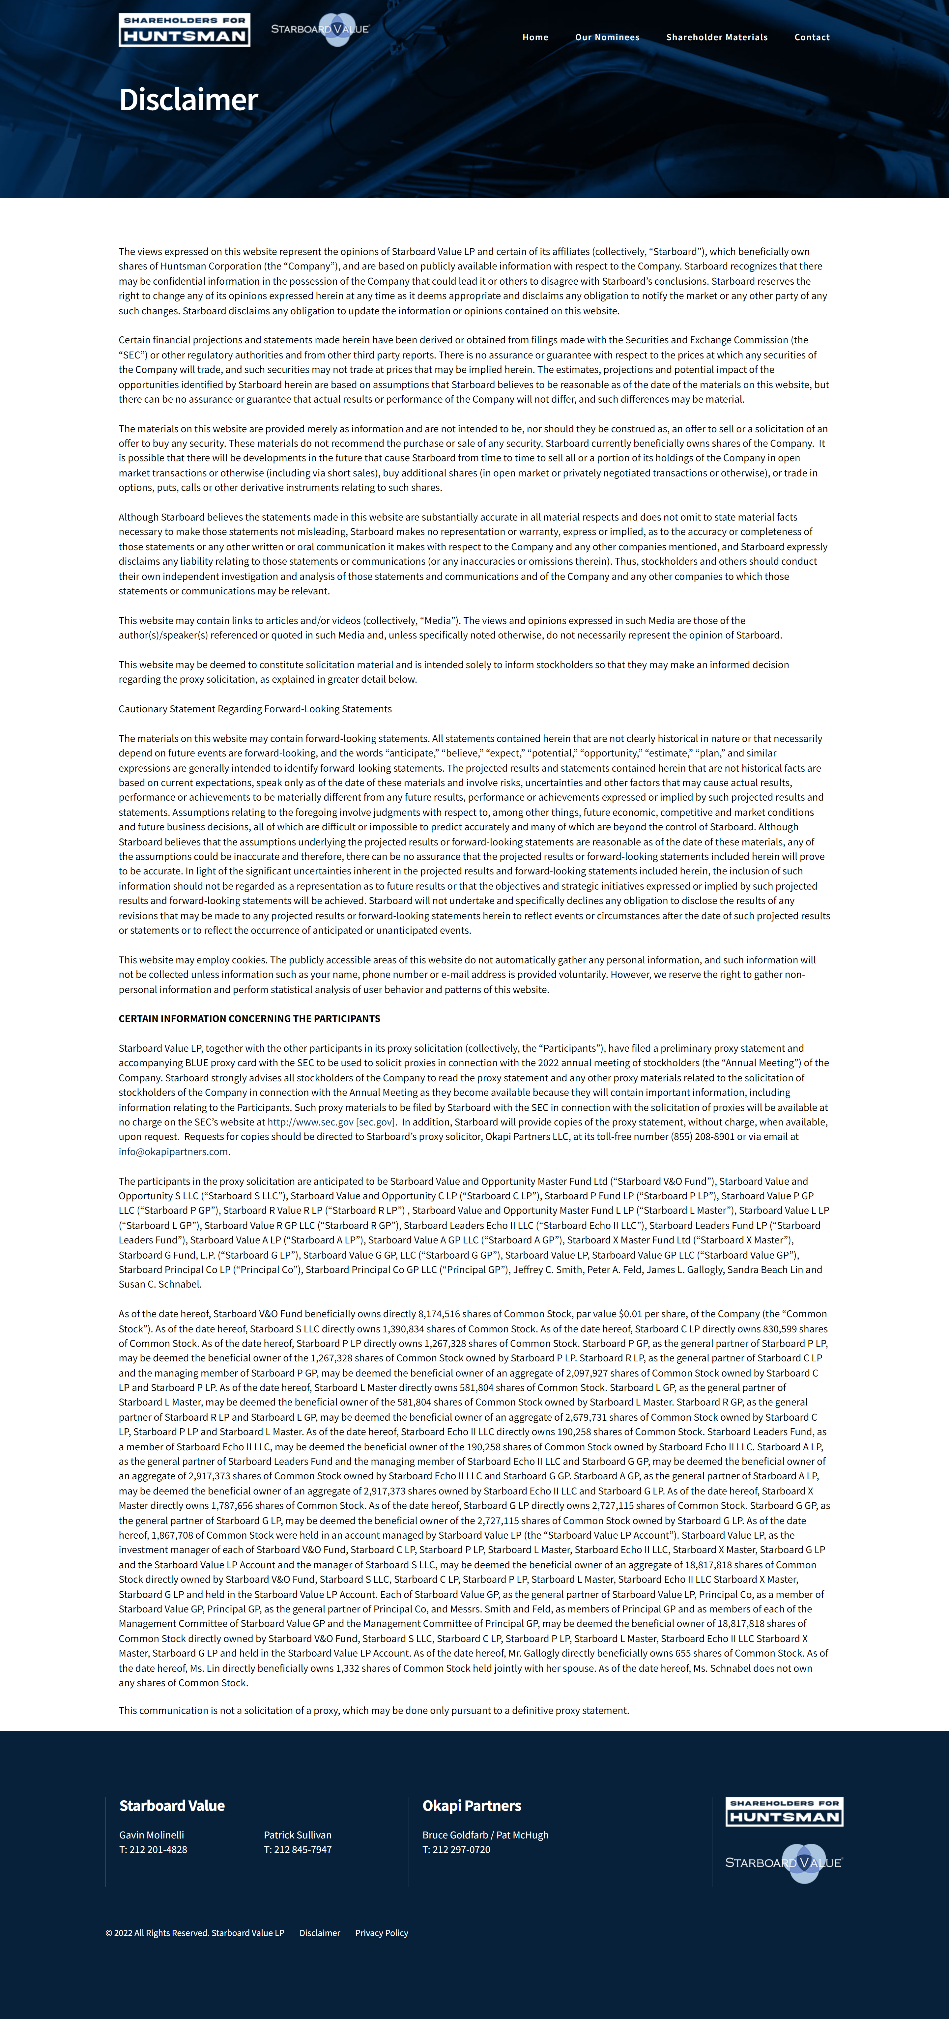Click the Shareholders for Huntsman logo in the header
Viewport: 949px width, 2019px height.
point(184,30)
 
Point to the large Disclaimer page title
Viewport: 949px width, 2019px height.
point(188,100)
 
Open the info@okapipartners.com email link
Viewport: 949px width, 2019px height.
point(173,1152)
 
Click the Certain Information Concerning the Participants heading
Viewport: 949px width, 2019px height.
point(249,1018)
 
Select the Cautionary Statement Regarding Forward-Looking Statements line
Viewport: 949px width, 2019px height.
point(255,709)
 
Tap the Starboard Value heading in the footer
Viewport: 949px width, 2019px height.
point(172,1805)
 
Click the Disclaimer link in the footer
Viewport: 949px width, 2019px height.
point(320,1933)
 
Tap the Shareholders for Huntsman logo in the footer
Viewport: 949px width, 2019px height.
point(784,1811)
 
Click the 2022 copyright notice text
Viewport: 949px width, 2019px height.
point(194,1933)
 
